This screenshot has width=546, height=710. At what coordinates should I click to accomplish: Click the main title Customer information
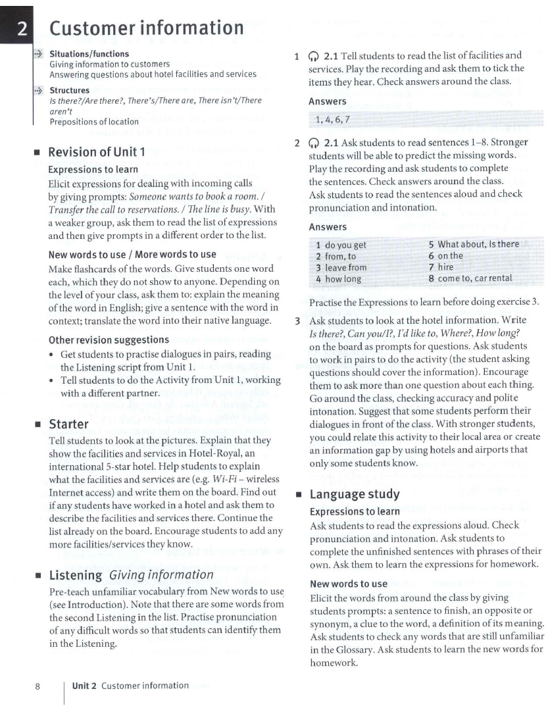(x=146, y=29)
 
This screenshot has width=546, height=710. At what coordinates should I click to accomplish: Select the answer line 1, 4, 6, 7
(x=332, y=118)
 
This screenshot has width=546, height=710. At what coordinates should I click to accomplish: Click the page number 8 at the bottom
(x=38, y=686)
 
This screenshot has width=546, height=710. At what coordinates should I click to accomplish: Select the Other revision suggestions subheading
(x=109, y=340)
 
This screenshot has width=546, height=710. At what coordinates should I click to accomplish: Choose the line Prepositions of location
(x=94, y=121)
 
